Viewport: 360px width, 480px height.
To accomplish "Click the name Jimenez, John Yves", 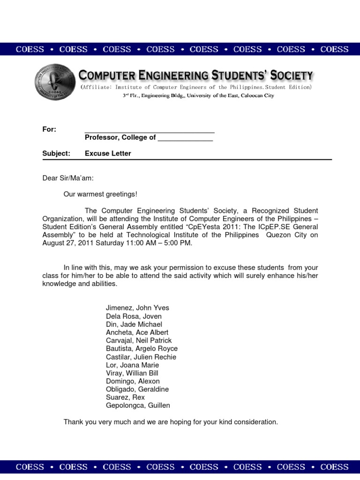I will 137,308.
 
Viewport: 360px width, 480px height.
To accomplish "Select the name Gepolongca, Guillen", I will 138,405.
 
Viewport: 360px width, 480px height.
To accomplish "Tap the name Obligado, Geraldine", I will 137,389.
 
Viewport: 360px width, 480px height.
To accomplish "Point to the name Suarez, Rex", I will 125,397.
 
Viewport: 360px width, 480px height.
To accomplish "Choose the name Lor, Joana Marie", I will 132,365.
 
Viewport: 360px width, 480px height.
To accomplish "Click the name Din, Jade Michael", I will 134,324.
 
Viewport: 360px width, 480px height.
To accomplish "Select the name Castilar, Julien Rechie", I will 141,357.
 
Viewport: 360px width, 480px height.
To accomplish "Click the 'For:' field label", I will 49,129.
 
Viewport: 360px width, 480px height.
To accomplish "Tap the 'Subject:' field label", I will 56,153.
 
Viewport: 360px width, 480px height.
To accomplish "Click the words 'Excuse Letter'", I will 108,153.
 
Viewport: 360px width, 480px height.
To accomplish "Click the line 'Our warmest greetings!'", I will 101,194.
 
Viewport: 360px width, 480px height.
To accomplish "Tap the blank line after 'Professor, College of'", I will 185,138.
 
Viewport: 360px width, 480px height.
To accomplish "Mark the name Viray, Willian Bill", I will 132,373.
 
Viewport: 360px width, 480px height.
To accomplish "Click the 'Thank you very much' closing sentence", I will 171,422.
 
